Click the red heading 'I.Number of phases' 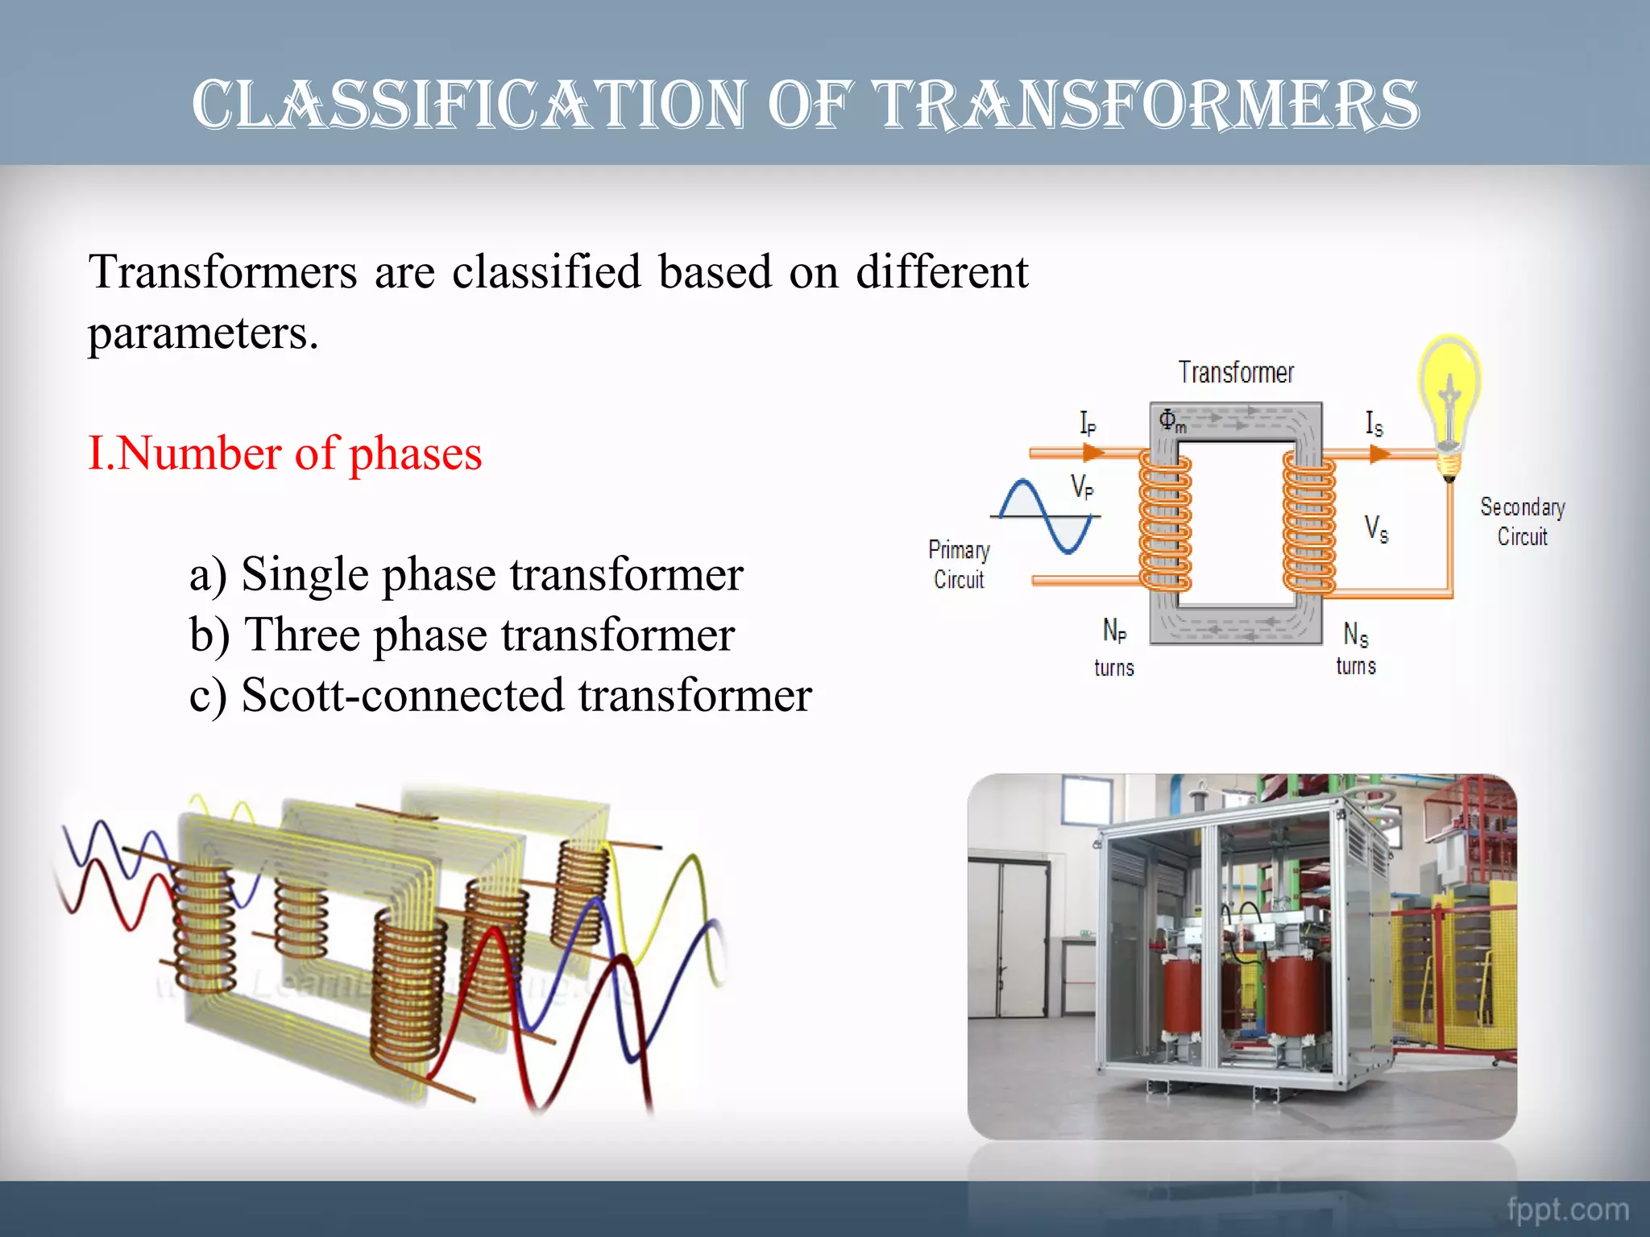pos(284,453)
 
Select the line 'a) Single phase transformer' pos(466,575)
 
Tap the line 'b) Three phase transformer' pos(462,635)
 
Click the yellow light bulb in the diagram pos(1449,403)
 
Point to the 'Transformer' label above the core pos(1236,373)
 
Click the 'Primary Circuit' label pos(959,565)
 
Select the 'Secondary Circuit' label pos(1522,522)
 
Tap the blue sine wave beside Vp pos(1046,516)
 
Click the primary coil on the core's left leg pos(1164,521)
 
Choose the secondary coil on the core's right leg pos(1308,523)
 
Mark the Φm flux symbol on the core pos(1171,420)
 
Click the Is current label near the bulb pos(1374,423)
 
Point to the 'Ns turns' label pos(1356,649)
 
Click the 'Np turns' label pos(1114,647)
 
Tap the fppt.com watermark pos(1567,1209)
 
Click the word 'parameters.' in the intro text pos(203,333)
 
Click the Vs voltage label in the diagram pos(1376,529)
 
